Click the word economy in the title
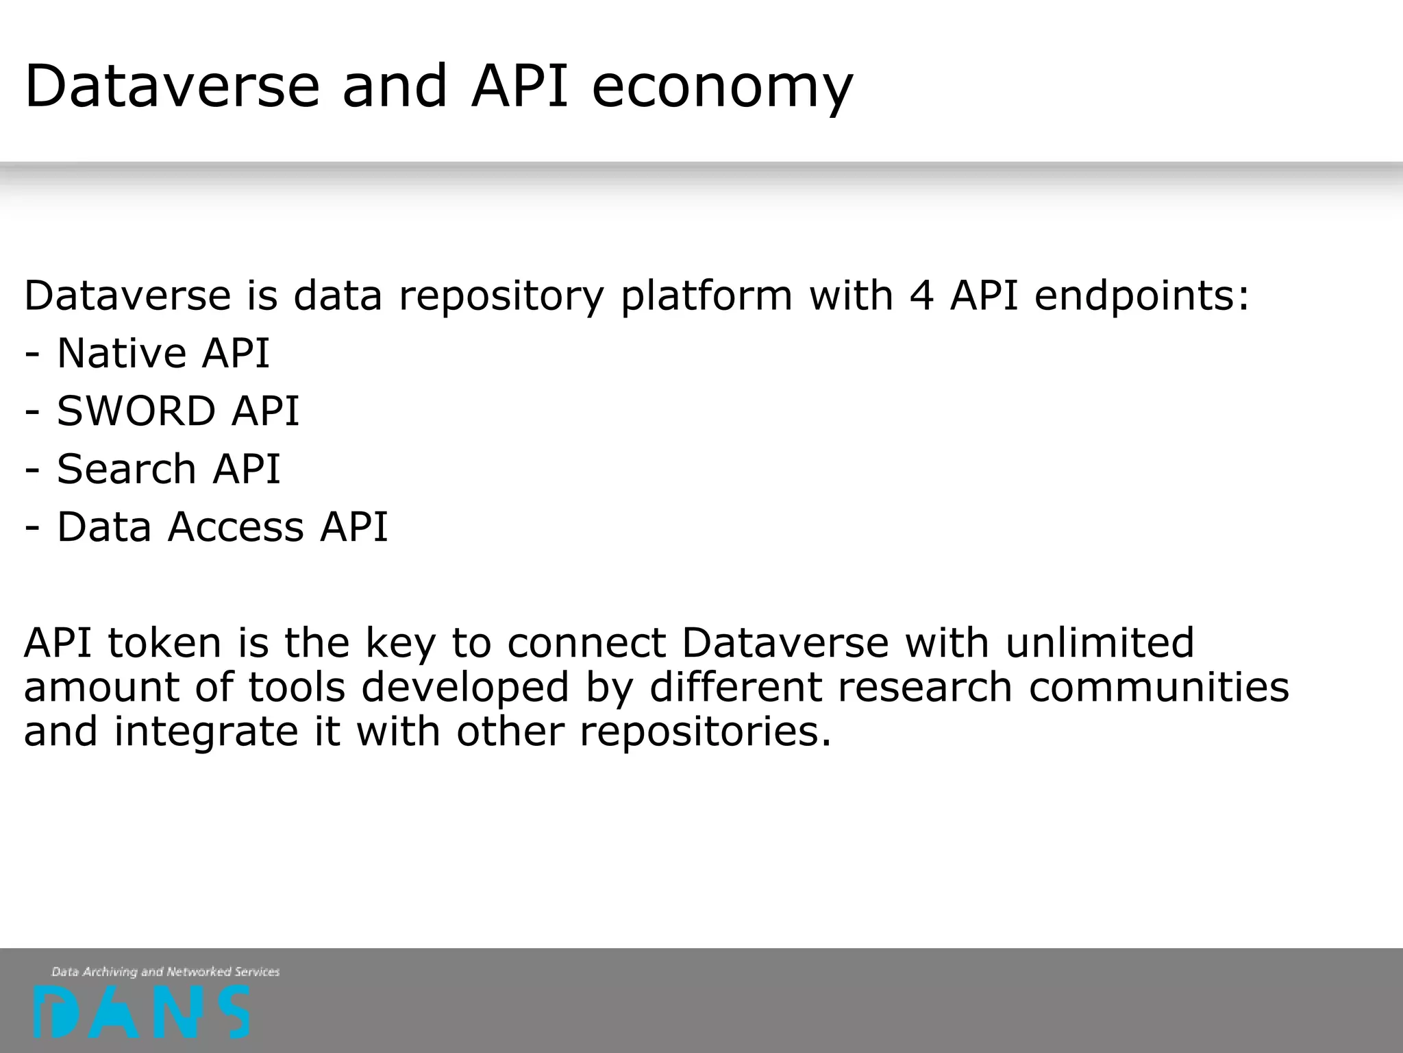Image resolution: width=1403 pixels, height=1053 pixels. click(x=722, y=88)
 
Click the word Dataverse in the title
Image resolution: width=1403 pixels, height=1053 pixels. click(x=172, y=86)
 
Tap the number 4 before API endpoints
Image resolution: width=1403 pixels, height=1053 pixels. click(x=921, y=295)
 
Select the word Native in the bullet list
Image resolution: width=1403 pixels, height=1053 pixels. click(x=121, y=354)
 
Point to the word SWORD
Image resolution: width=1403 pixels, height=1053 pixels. click(x=136, y=411)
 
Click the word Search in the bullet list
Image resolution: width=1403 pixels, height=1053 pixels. click(x=126, y=469)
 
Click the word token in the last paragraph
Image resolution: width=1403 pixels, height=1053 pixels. click(x=164, y=643)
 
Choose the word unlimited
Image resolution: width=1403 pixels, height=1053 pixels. click(x=1100, y=643)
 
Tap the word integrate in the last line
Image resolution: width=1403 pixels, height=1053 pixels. click(x=206, y=732)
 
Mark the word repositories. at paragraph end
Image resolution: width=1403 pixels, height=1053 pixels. click(x=706, y=732)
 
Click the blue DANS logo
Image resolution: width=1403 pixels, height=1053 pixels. click(x=142, y=1012)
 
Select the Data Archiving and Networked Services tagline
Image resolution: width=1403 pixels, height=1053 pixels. click(x=166, y=971)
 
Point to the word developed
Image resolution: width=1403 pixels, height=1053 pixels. click(x=465, y=688)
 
